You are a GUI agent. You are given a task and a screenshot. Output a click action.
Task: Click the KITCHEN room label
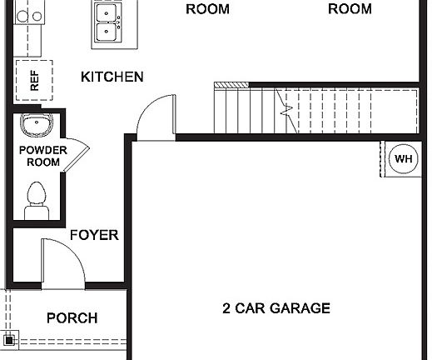tap(112, 77)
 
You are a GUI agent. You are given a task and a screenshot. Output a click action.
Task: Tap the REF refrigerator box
tap(34, 81)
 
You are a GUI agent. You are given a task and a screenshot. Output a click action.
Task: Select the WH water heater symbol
tap(403, 158)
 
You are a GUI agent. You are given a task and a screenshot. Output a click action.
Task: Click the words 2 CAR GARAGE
tap(276, 308)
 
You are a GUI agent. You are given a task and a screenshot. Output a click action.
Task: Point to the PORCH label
tap(72, 317)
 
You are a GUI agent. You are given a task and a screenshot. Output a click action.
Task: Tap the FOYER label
tap(93, 235)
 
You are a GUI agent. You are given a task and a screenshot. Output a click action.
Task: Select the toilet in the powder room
tap(37, 201)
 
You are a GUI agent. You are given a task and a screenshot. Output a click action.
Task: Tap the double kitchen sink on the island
tap(106, 22)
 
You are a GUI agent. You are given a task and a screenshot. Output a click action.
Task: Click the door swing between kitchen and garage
tap(156, 115)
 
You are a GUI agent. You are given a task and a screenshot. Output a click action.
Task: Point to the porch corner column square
tap(9, 339)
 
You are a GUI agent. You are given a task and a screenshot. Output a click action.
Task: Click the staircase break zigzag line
tap(287, 108)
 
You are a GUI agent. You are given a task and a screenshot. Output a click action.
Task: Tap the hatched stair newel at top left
tap(231, 85)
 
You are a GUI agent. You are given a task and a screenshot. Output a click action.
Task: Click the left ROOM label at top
tap(207, 9)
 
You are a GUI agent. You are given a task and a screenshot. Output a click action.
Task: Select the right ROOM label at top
tap(350, 9)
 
